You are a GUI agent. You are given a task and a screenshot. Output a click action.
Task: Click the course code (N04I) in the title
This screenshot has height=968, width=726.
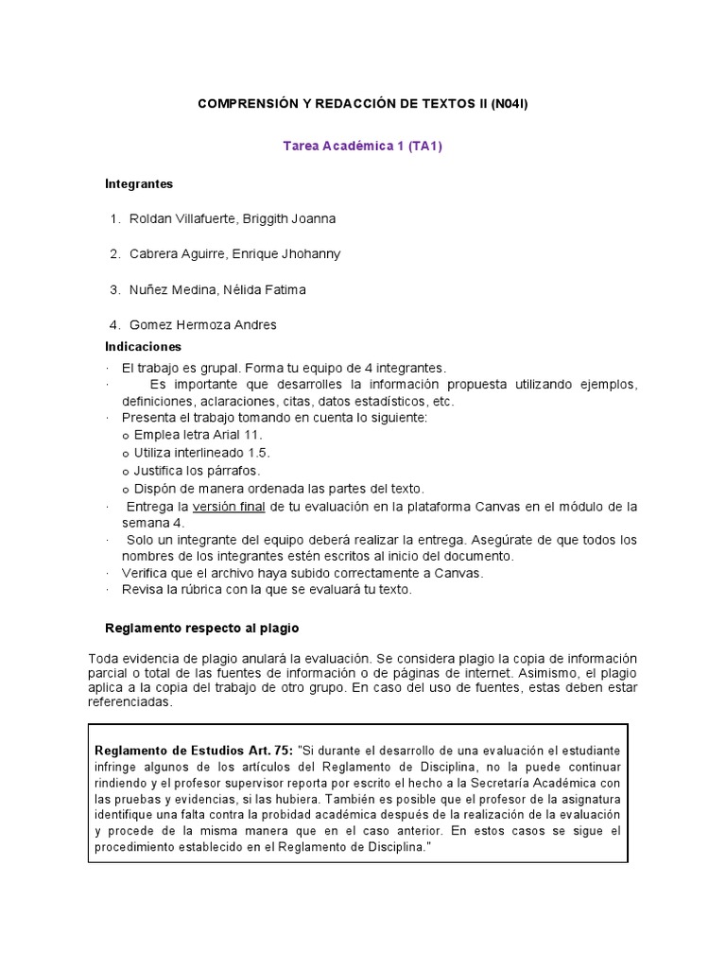[x=509, y=102]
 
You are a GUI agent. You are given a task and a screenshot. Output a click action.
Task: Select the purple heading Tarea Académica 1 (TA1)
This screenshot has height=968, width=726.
[x=363, y=146]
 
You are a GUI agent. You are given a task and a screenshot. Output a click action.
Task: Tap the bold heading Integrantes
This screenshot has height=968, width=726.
[x=139, y=183]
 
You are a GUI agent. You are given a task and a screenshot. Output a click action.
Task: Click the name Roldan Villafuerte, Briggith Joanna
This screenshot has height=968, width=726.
[x=232, y=218]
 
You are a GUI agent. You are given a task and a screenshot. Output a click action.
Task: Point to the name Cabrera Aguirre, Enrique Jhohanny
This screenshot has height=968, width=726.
[x=234, y=253]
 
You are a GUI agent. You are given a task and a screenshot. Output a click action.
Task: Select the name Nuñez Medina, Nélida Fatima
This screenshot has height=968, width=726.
[x=217, y=289]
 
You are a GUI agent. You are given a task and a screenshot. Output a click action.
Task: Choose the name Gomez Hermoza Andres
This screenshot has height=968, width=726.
[x=202, y=324]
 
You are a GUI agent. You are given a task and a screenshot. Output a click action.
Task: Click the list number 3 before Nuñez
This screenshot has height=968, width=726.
[x=114, y=289]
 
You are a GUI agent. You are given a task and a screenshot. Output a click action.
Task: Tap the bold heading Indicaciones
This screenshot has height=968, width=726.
[x=143, y=347]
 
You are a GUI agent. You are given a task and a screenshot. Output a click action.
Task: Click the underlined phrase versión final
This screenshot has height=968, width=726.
[x=229, y=507]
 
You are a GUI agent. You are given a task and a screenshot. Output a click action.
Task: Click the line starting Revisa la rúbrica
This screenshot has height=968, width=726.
[x=267, y=590]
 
